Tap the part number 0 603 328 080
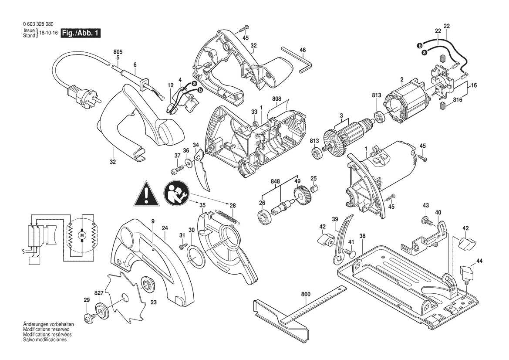point(38,24)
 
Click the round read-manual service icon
point(177,194)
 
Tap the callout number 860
point(306,294)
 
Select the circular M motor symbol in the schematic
point(81,234)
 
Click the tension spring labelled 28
point(228,217)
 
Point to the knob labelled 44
point(466,273)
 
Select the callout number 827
point(99,293)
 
